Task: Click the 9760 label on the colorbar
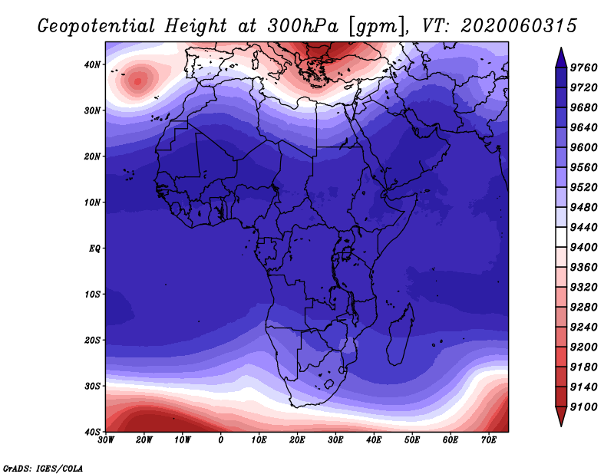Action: [x=583, y=67]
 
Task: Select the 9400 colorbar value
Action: [x=583, y=248]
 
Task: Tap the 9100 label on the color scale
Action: [x=583, y=407]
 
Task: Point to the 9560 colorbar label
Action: [x=583, y=167]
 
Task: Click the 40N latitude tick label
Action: [x=92, y=64]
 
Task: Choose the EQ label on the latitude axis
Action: [x=94, y=249]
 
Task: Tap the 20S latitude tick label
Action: [x=92, y=340]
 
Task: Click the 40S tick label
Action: [x=92, y=432]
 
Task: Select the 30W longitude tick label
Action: [x=106, y=440]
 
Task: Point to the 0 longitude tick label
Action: [x=221, y=440]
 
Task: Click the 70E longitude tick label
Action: [x=489, y=440]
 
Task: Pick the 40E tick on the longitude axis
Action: [x=374, y=440]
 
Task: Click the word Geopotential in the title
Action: [x=96, y=26]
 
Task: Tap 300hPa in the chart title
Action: [x=302, y=26]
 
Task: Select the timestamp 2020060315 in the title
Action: [x=519, y=26]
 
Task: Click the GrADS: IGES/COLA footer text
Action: [x=43, y=469]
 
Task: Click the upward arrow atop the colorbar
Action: [x=561, y=58]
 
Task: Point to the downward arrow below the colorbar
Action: [x=561, y=416]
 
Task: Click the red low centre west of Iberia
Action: [x=137, y=81]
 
